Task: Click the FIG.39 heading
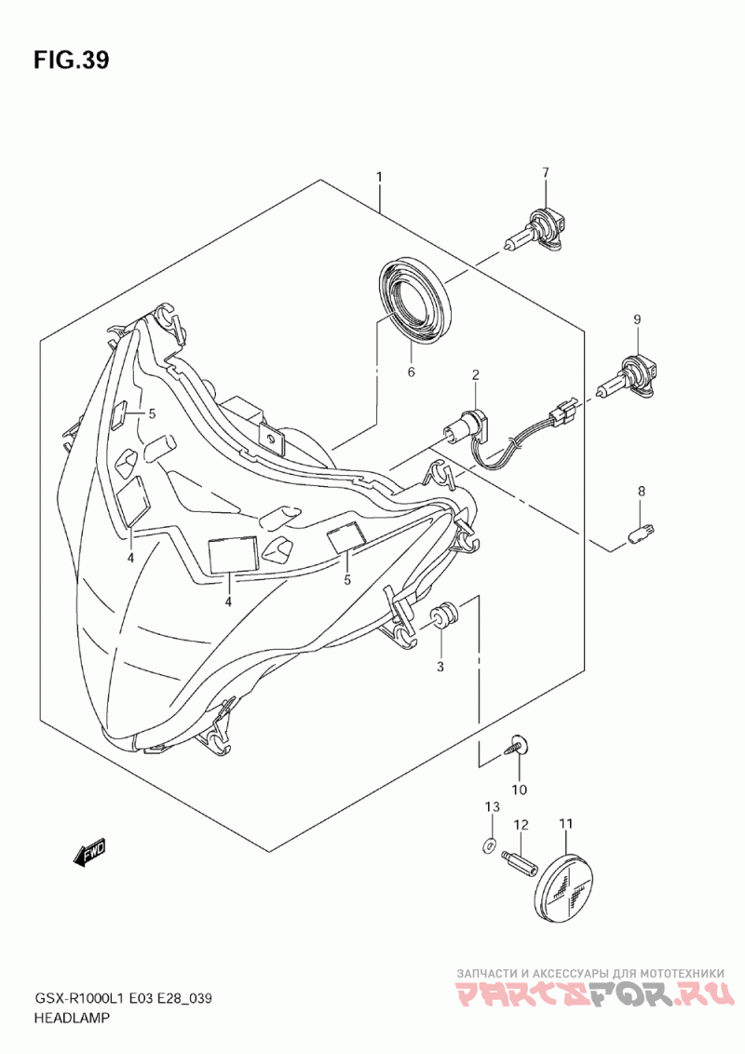coord(71,61)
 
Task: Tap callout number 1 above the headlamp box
coord(380,177)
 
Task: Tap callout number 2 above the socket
coord(475,375)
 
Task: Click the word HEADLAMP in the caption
coord(72,1019)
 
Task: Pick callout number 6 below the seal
coord(410,373)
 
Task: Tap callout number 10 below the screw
coord(519,790)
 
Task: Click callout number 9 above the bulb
coord(638,319)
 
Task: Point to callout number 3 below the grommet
coord(440,667)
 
